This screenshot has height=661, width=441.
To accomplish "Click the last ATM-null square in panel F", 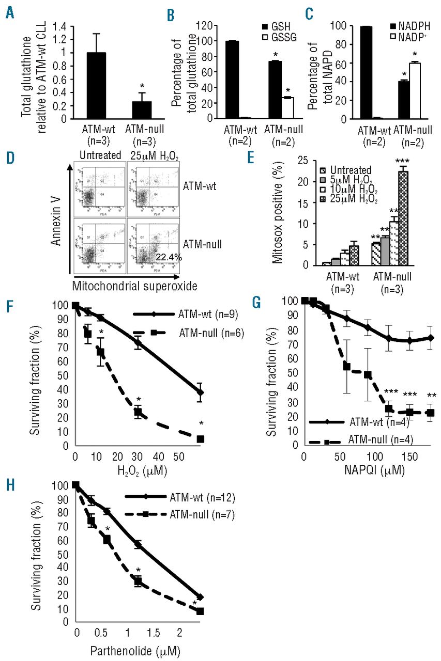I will (201, 438).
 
